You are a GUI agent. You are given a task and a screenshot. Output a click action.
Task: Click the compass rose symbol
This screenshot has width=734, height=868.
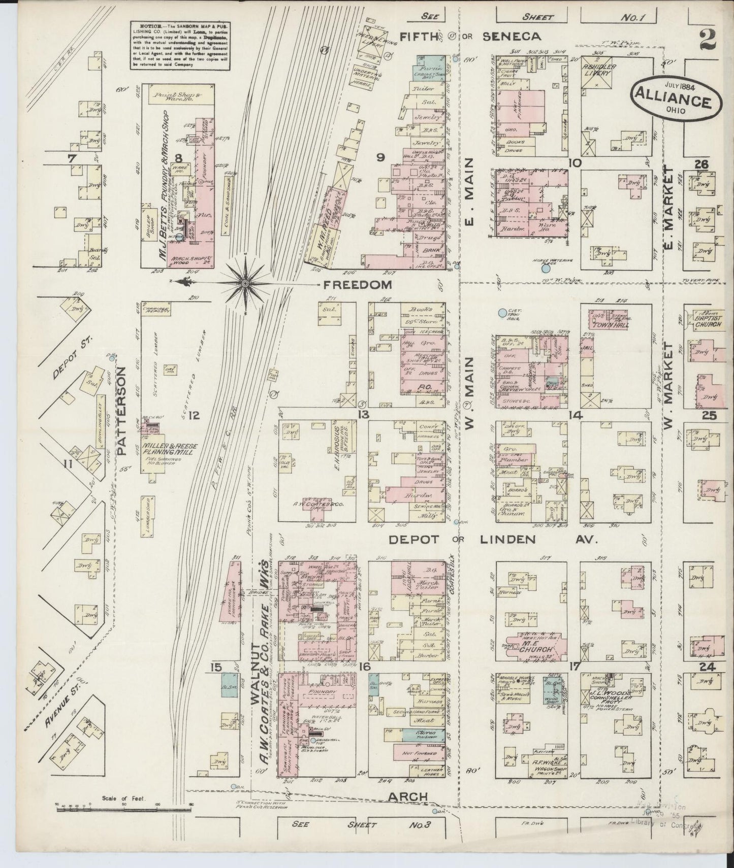245,282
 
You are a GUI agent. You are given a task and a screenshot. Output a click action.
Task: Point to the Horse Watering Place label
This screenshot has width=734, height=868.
558,262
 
